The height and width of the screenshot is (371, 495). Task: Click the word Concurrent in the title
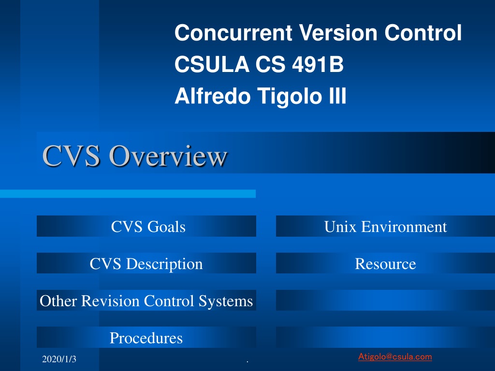(x=233, y=33)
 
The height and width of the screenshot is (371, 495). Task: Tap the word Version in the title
(x=338, y=33)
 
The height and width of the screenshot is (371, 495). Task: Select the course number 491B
(x=318, y=64)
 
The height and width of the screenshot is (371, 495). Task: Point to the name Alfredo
(x=213, y=96)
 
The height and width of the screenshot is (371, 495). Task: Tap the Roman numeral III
(x=337, y=96)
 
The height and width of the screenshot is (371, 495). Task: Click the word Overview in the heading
(x=168, y=156)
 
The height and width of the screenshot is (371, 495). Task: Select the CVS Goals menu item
(x=148, y=227)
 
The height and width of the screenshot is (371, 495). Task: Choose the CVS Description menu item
(x=146, y=264)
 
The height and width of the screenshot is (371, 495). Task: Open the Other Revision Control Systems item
(x=146, y=300)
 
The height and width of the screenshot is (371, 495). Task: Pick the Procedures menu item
(x=146, y=338)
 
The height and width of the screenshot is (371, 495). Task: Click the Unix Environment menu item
(x=385, y=227)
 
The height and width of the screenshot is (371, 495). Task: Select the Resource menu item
(x=385, y=264)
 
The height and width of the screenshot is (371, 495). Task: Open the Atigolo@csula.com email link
(x=395, y=357)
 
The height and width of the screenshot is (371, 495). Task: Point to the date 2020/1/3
(x=59, y=359)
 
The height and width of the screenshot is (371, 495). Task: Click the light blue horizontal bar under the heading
(x=128, y=194)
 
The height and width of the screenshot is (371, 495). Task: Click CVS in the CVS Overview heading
(x=72, y=156)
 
